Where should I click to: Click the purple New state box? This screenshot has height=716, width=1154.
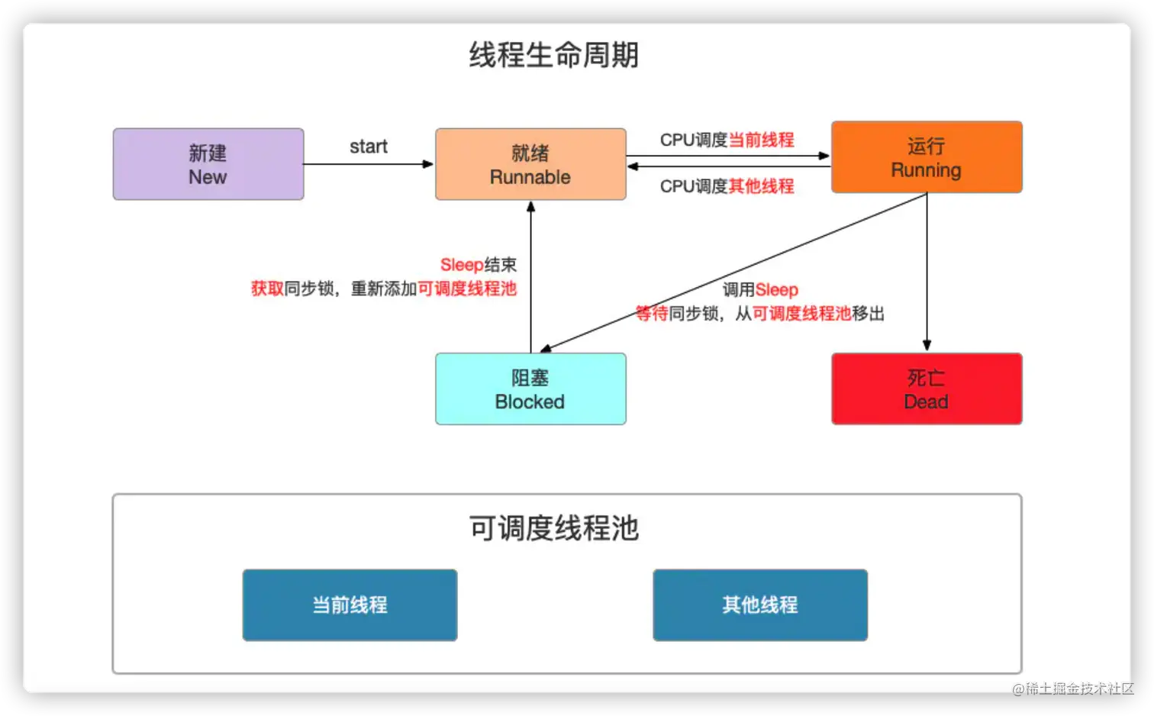(208, 164)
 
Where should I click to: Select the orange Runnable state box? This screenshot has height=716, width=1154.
(530, 164)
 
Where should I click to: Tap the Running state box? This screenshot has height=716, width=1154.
(926, 157)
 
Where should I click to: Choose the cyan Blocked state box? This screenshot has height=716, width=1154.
(530, 389)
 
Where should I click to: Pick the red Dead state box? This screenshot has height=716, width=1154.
(926, 389)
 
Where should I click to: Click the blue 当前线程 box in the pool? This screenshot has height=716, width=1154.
(350, 605)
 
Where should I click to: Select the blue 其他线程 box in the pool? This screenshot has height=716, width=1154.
(759, 605)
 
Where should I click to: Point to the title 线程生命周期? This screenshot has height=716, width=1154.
(553, 56)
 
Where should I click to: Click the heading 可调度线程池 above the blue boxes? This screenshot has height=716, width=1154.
(553, 528)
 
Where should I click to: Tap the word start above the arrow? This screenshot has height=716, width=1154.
(368, 147)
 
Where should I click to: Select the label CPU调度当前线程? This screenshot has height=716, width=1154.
(727, 140)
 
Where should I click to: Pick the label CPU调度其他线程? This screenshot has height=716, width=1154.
(727, 186)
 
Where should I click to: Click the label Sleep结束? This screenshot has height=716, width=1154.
(478, 265)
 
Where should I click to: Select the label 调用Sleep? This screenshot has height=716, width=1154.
(760, 290)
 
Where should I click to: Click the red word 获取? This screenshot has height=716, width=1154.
(267, 289)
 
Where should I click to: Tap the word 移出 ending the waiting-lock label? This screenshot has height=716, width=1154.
(868, 314)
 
